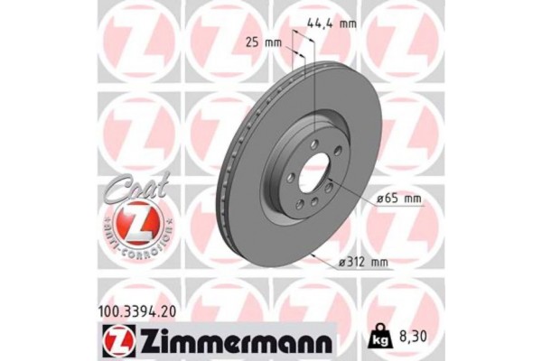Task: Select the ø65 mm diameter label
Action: tap(394, 198)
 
